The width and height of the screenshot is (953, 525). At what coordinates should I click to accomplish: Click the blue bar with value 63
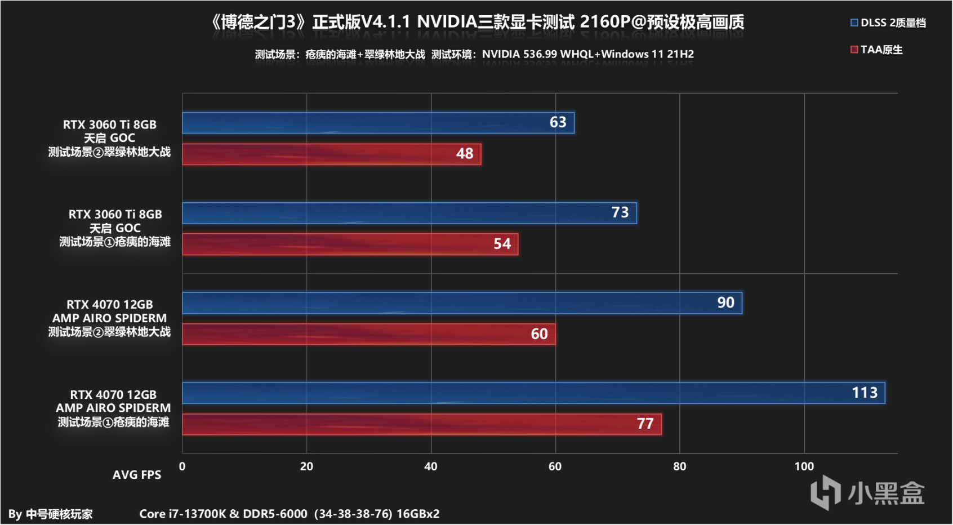(378, 123)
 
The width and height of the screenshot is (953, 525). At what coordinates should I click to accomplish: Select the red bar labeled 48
(331, 154)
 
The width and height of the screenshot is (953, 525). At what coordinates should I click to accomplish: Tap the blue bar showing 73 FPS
(409, 213)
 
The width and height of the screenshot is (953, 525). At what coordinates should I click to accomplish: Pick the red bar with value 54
(350, 244)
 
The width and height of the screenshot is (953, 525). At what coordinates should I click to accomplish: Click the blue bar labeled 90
(462, 303)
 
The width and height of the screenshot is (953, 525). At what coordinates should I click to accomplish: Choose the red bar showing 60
(368, 334)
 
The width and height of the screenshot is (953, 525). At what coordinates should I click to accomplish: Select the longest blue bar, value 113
(533, 393)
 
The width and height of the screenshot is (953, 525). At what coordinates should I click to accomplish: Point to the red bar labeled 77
(421, 424)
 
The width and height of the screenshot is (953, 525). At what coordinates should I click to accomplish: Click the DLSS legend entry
(888, 23)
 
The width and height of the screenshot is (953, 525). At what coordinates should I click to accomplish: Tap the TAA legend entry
(876, 50)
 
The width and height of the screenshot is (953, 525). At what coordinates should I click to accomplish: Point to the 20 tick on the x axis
(306, 466)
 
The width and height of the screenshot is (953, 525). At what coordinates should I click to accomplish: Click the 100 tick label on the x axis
(804, 466)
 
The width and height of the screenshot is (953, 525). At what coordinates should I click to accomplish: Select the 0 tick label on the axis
(182, 466)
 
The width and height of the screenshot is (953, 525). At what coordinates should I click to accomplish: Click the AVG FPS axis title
(137, 475)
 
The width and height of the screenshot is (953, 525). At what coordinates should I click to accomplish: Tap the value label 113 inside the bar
(864, 393)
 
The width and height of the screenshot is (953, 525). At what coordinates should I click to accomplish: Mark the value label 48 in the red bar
(465, 154)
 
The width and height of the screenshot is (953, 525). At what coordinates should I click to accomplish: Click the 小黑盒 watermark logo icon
(825, 492)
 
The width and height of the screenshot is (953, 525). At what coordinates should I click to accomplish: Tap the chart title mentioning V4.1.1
(476, 22)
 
